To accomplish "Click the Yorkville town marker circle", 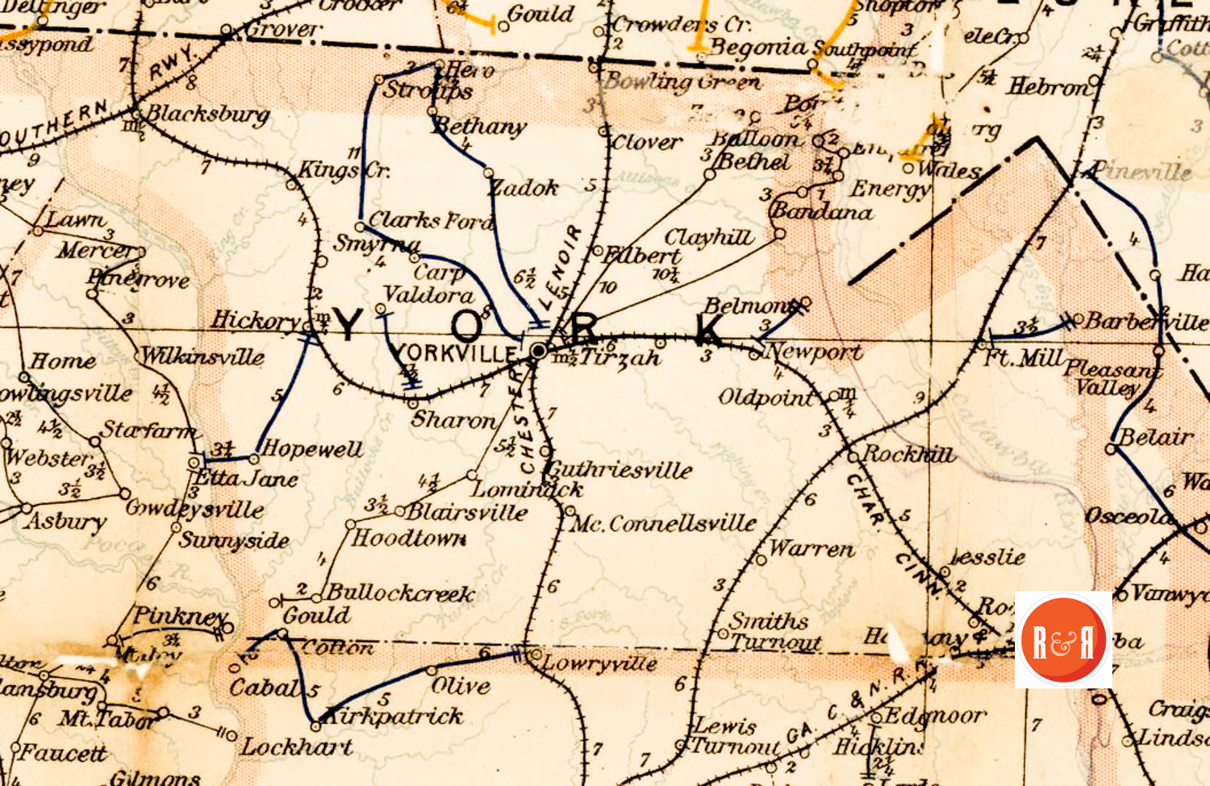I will click(539, 351).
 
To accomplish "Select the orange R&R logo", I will click(1063, 639).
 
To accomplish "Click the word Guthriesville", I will click(620, 470).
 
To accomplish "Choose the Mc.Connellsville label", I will click(663, 524).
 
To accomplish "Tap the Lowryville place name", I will click(599, 663).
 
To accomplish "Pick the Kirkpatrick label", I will click(394, 717).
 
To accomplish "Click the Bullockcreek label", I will click(400, 594).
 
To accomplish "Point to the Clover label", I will click(646, 143).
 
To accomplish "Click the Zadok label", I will click(525, 189).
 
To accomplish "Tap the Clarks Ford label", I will click(430, 220).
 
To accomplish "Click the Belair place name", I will click(1155, 438).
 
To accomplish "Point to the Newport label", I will click(813, 352).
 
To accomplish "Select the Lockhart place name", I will click(297, 747).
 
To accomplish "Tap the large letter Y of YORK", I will click(348, 325).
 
